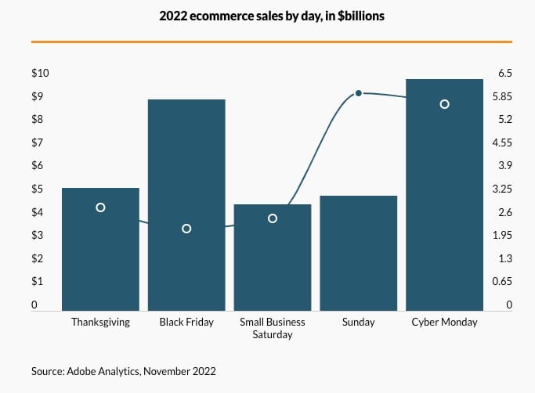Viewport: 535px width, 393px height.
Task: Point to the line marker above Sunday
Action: pos(359,93)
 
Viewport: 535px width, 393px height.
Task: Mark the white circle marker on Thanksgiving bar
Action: pos(100,207)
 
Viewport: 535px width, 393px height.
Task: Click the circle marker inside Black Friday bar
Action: pos(186,229)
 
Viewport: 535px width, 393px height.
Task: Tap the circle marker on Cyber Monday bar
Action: pos(444,104)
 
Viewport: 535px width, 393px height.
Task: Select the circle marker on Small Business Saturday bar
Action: pos(273,218)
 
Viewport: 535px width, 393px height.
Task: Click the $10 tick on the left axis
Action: pos(40,74)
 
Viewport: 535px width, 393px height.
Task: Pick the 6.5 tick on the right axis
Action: pos(504,74)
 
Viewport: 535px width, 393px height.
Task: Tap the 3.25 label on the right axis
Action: pos(504,189)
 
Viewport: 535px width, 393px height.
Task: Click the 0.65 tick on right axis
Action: pos(504,281)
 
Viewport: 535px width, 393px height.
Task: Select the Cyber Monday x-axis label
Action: pos(444,322)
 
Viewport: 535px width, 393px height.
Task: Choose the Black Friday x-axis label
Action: pos(186,322)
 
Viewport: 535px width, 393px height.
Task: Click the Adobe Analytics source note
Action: pos(123,370)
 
